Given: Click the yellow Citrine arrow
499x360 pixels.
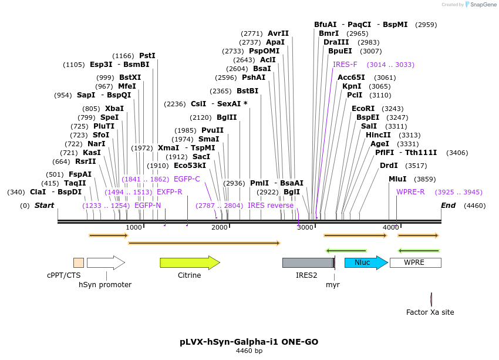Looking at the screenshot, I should (189, 263).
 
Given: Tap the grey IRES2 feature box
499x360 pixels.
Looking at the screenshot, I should (308, 263).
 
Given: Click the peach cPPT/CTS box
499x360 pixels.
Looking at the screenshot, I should (79, 263).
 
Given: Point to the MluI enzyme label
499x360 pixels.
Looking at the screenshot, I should (397, 179).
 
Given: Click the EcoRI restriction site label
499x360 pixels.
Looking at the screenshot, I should (363, 109).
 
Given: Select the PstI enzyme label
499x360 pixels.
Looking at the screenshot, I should (147, 56).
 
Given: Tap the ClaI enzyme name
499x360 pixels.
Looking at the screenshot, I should (38, 192).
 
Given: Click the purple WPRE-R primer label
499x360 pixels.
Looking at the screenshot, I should (410, 192).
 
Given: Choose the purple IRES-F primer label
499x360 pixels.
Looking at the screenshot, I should (345, 65).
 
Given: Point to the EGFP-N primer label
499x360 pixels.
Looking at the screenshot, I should (147, 206).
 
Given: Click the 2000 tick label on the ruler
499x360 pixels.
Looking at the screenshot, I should (220, 227).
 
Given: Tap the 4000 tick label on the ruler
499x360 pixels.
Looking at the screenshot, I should (390, 227).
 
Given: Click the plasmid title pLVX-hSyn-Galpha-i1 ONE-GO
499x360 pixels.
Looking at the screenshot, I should (249, 341).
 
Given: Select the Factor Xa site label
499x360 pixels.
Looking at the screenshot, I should (430, 312).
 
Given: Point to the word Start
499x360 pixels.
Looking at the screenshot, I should (44, 206).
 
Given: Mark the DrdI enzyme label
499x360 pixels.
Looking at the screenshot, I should (389, 166).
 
